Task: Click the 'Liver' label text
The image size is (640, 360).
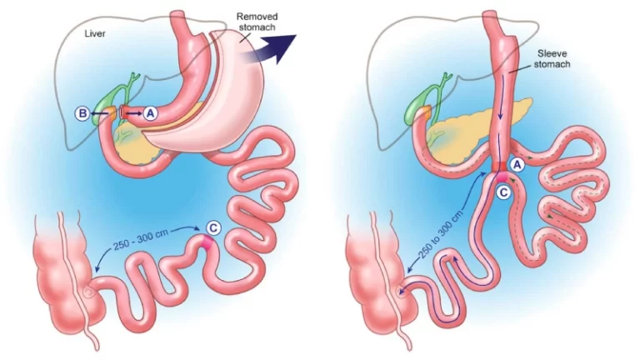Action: click(x=95, y=33)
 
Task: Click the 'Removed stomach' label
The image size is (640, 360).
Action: click(x=257, y=22)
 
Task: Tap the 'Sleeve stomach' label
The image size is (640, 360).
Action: click(x=552, y=59)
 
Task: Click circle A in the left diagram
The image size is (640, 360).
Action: click(x=151, y=113)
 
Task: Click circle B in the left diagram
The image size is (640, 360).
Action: click(x=82, y=113)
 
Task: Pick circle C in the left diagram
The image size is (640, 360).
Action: click(x=213, y=227)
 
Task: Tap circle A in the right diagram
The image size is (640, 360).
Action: click(x=517, y=164)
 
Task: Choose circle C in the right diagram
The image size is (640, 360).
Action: click(x=503, y=192)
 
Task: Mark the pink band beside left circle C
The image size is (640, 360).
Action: click(x=207, y=242)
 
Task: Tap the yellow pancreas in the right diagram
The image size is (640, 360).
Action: click(x=469, y=126)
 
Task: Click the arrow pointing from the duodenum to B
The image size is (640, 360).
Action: click(x=99, y=113)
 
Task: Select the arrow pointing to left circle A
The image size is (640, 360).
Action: click(x=135, y=113)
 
